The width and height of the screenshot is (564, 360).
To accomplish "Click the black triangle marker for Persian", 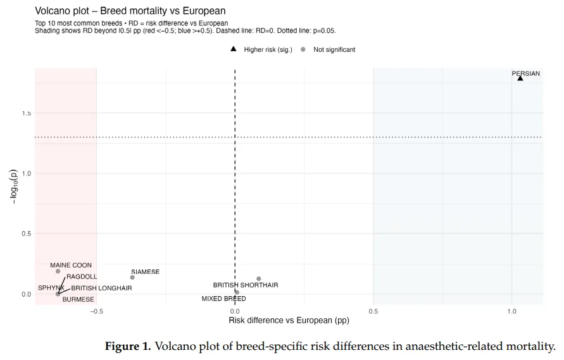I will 520,78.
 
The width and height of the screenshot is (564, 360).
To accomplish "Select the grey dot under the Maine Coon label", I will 58,271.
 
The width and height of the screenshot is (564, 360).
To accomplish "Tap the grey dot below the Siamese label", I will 132,277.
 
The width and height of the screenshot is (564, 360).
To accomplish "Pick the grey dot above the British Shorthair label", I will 259,278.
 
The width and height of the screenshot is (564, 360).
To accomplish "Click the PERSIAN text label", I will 525,73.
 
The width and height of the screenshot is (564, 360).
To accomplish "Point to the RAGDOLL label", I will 82,276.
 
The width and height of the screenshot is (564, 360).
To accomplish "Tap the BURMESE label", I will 78,299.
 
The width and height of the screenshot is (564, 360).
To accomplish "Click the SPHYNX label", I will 50,288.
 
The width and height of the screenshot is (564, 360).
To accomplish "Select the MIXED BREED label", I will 223,299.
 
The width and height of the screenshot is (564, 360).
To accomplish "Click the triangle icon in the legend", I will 234,49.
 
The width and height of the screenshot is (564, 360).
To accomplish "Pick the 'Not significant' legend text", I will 334,49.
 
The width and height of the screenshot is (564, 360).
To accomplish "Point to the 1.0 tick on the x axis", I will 511,311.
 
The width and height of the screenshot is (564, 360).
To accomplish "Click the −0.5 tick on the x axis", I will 96,311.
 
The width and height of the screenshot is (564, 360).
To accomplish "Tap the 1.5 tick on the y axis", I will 27,113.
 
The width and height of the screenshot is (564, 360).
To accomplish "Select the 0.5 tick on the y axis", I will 27,233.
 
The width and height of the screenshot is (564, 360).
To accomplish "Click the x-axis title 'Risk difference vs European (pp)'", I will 289,321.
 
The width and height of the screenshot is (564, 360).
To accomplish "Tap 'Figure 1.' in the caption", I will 127,346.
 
